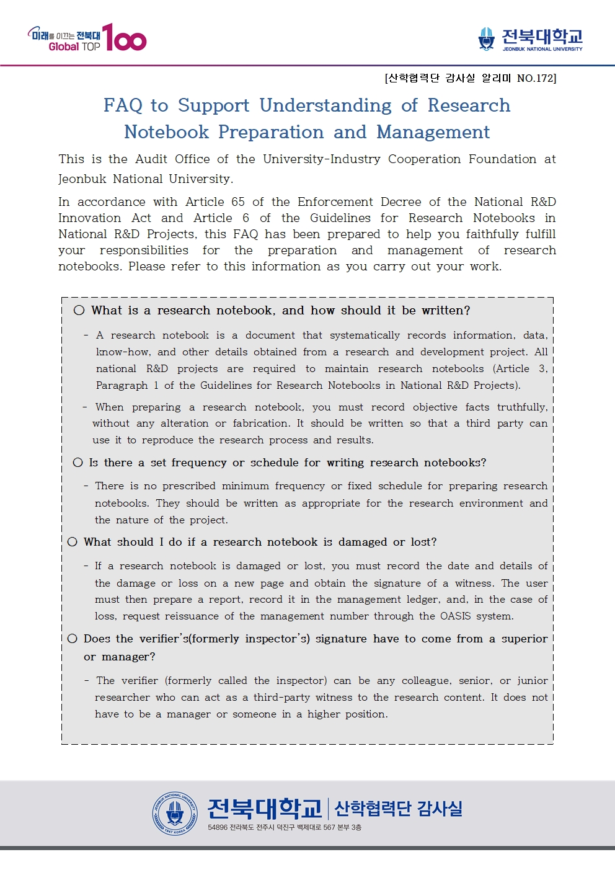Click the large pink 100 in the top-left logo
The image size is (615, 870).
click(125, 38)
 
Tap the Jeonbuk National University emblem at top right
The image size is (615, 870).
click(487, 39)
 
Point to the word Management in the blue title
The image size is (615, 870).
click(433, 132)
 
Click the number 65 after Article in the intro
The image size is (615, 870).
click(238, 202)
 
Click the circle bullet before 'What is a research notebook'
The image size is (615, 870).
click(79, 311)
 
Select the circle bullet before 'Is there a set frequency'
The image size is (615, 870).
click(77, 463)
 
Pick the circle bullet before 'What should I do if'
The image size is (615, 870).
click(73, 542)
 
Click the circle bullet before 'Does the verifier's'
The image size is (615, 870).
click(73, 639)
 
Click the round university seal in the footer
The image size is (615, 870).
click(175, 813)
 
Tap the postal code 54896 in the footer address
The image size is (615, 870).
click(218, 828)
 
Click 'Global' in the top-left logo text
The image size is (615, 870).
click(64, 47)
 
